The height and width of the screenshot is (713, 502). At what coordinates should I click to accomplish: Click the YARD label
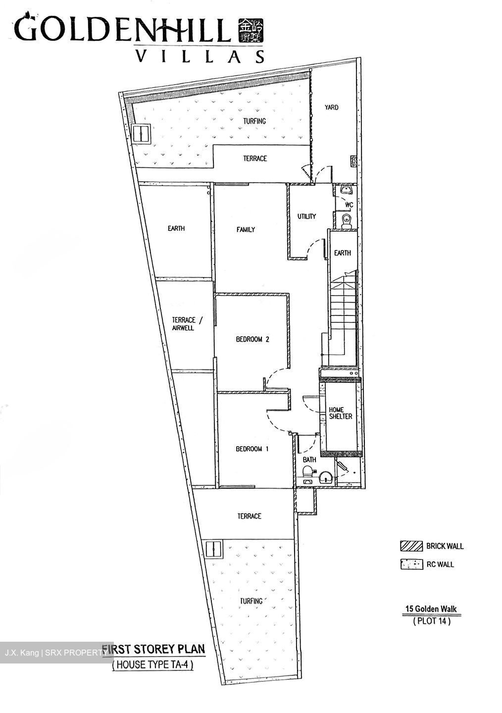(331, 107)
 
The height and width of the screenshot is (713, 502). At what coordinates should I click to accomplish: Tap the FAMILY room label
(246, 229)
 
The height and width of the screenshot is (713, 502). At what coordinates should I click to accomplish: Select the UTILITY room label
(306, 216)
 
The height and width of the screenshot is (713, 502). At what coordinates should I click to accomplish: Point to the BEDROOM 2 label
(252, 340)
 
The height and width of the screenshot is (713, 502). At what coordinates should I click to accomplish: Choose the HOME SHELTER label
(341, 413)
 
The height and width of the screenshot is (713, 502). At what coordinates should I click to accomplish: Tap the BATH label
(309, 460)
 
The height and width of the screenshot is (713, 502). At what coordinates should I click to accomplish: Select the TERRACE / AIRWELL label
(183, 324)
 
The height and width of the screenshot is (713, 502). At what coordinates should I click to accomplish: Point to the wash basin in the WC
(345, 190)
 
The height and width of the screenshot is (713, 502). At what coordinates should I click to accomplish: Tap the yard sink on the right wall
(354, 160)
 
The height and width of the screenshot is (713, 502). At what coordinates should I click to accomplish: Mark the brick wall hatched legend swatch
(411, 546)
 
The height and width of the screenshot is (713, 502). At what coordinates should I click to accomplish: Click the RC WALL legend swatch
(411, 564)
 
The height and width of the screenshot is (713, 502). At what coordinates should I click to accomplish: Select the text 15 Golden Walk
(432, 609)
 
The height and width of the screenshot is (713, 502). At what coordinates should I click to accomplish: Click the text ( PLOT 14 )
(432, 621)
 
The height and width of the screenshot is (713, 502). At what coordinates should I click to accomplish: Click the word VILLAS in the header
(200, 57)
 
